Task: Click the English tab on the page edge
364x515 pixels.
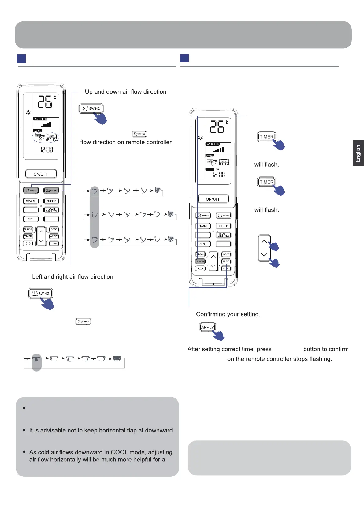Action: (x=358, y=153)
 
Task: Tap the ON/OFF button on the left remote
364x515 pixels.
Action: (x=41, y=174)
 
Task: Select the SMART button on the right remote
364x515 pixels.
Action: (x=203, y=226)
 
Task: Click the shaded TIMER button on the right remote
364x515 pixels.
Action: (x=200, y=261)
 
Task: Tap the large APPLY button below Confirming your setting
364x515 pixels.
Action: (x=207, y=327)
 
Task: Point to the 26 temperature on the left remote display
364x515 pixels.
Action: (x=45, y=102)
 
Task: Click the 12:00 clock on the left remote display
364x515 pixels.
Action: (x=47, y=150)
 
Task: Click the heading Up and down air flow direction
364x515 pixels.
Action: (x=125, y=92)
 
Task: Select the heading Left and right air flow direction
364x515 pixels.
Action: (x=72, y=277)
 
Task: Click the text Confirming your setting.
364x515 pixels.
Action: (x=228, y=314)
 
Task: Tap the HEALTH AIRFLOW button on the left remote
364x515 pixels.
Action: (x=51, y=210)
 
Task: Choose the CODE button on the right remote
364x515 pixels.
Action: (x=226, y=254)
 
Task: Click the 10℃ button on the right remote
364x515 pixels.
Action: (x=203, y=244)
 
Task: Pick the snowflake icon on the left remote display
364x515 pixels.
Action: (x=28, y=112)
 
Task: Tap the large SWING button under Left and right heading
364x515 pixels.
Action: (x=40, y=293)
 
